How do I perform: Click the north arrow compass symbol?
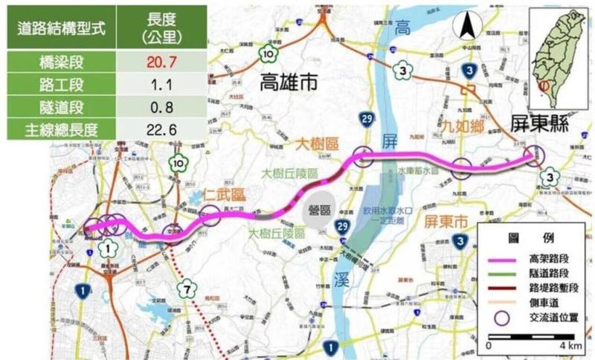pos(469,28)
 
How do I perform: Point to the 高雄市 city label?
pos(289,83)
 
